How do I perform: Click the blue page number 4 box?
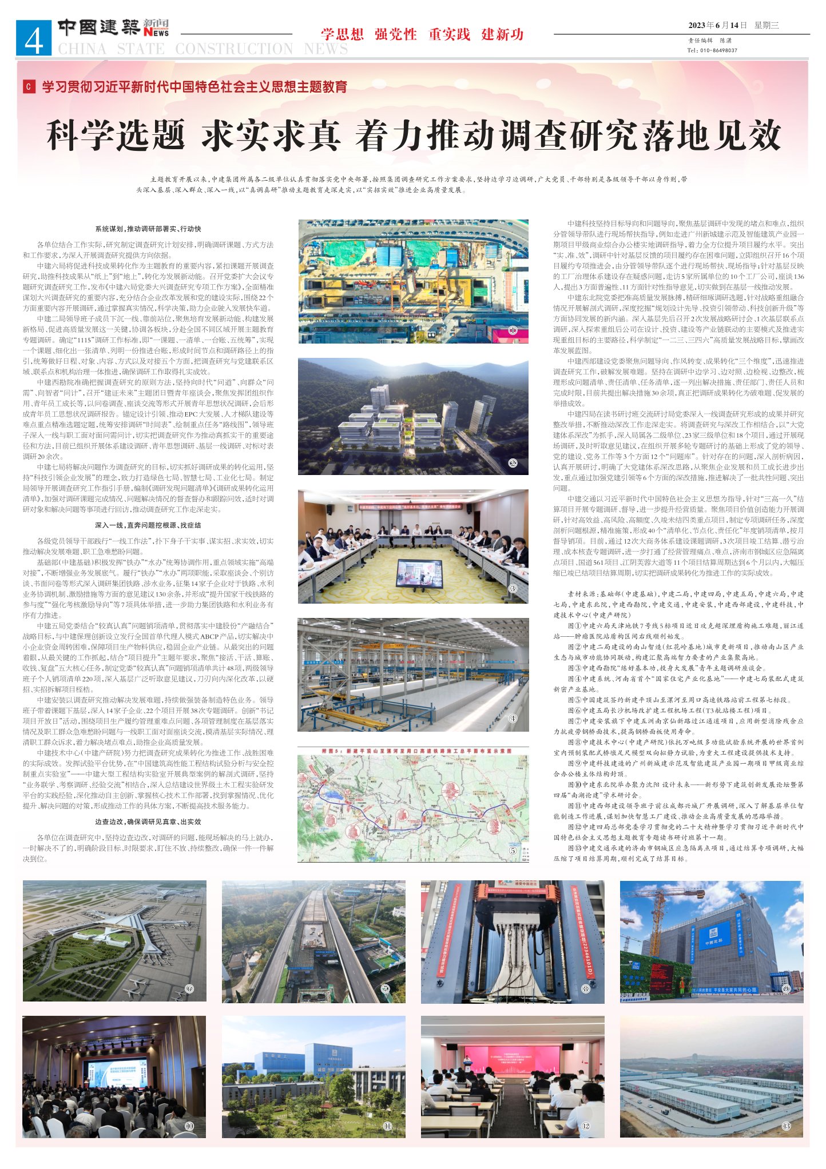click(x=34, y=38)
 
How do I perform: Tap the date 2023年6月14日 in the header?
click(x=717, y=25)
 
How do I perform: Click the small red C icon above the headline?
click(x=28, y=87)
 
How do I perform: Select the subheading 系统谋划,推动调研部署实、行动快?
click(x=148, y=229)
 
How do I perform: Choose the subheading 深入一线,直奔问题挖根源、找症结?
click(x=148, y=525)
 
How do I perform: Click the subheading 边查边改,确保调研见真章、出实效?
click(x=148, y=821)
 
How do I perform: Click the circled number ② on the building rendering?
click(x=513, y=462)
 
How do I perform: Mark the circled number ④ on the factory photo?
click(x=513, y=719)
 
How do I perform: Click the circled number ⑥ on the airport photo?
click(x=189, y=988)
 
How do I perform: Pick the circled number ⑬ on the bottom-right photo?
click(x=786, y=1126)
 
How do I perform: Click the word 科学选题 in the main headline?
click(x=116, y=136)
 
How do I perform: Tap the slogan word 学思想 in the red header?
click(x=342, y=34)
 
